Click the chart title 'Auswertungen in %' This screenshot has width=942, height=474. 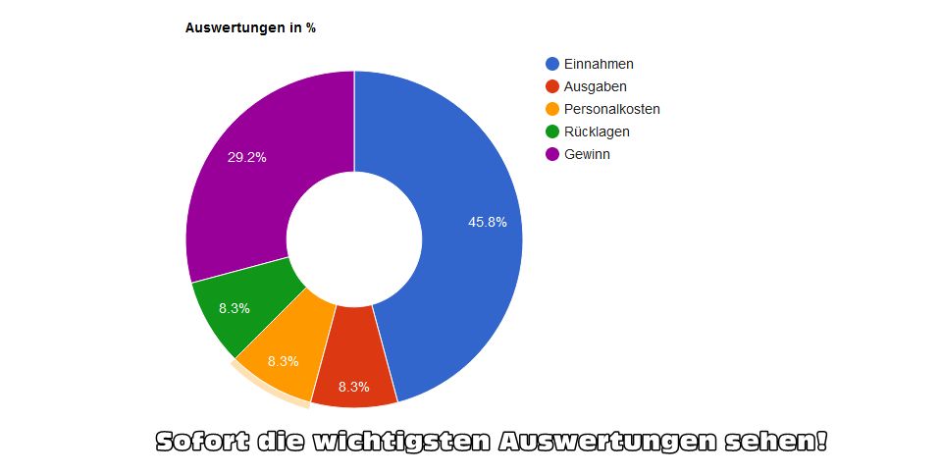coord(250,28)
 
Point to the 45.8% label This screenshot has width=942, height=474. coord(488,223)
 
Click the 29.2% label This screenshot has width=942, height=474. coord(246,157)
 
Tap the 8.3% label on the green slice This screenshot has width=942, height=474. coord(235,308)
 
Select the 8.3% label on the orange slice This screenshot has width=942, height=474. coord(283,361)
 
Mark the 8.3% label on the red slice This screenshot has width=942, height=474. coord(353,387)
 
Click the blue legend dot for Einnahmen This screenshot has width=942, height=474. coord(552,64)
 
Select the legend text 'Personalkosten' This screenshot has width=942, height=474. coord(611,109)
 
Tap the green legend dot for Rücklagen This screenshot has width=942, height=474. coord(552,132)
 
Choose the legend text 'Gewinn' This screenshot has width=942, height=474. coord(587,154)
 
